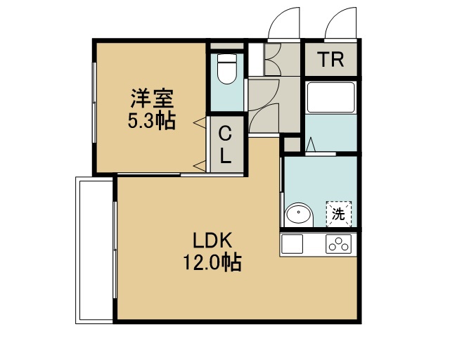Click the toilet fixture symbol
pyautogui.click(x=227, y=69)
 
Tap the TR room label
pyautogui.click(x=331, y=60)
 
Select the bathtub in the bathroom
pyautogui.click(x=331, y=98)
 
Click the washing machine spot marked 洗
pyautogui.click(x=339, y=214)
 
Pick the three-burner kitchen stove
pyautogui.click(x=339, y=244)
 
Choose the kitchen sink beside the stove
pyautogui.click(x=292, y=244)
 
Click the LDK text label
pyautogui.click(x=212, y=240)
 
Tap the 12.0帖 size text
pyautogui.click(x=212, y=262)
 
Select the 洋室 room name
pyautogui.click(x=153, y=98)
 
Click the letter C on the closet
pyautogui.click(x=225, y=134)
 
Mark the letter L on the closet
pyautogui.click(x=226, y=156)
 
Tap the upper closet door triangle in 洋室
pyautogui.click(x=200, y=123)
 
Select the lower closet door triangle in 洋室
pyautogui.click(x=200, y=166)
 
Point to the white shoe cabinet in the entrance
pyautogui.click(x=256, y=60)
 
